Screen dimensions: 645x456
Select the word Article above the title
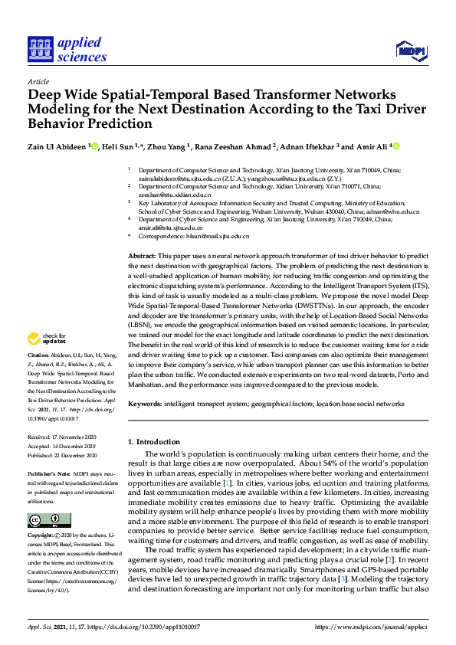click(x=38, y=80)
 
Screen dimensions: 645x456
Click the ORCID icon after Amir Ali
click(x=396, y=146)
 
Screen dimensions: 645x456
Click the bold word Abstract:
click(x=142, y=255)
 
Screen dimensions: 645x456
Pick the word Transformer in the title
click(x=290, y=94)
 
